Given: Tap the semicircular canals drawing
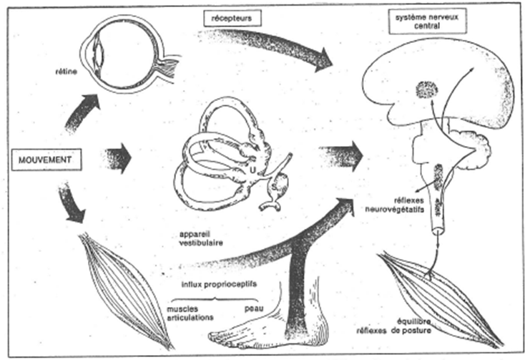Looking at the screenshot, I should [229, 154].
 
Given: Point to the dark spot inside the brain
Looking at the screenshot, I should [427, 89].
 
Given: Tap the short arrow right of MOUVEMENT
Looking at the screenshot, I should [119, 157].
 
